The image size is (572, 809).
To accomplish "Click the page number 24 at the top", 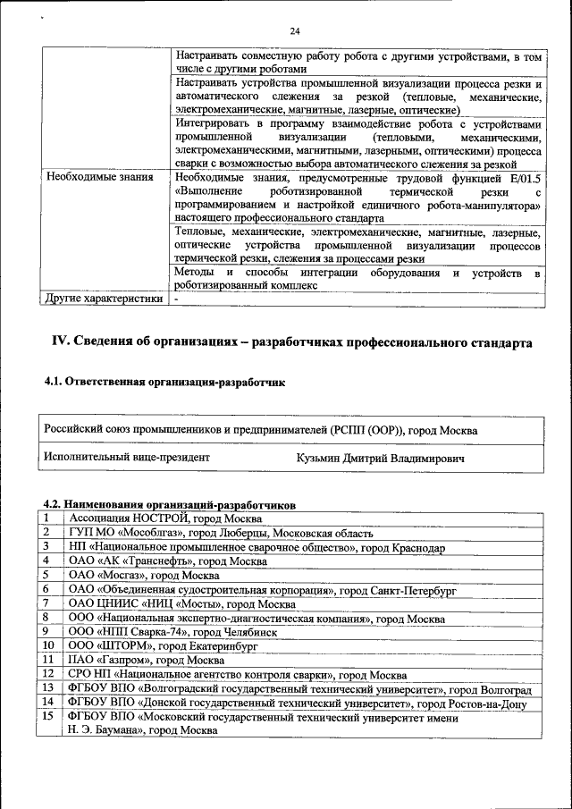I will point(295,31).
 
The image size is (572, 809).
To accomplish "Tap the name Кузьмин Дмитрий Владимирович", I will point(380,459).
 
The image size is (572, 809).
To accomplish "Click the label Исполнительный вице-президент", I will point(127,458).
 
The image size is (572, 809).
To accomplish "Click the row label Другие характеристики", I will point(105,299).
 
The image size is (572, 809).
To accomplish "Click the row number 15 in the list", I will point(48,716).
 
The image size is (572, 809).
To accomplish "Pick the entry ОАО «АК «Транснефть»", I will point(167,561).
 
